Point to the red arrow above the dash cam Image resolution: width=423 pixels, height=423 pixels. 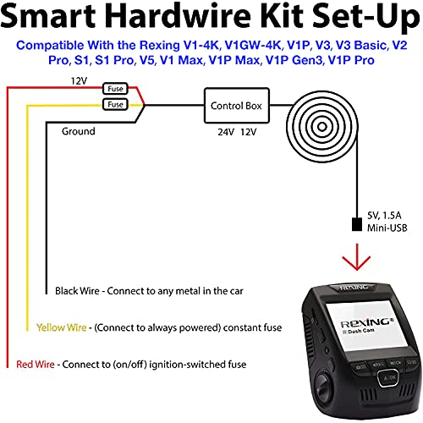click(x=349, y=260)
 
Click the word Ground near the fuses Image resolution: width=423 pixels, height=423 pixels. click(x=79, y=132)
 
